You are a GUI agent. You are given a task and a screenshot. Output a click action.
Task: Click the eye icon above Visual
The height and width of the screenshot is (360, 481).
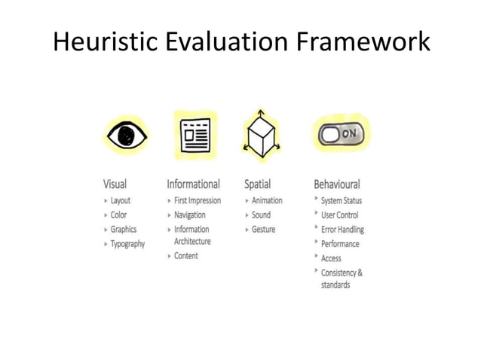[x=125, y=136]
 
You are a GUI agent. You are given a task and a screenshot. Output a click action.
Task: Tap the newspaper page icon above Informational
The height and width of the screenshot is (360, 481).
[x=195, y=136]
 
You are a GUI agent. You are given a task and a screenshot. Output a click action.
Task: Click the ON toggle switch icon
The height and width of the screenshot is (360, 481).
[x=342, y=134]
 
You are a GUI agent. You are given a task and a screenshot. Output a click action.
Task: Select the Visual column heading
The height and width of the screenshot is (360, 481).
[x=115, y=184]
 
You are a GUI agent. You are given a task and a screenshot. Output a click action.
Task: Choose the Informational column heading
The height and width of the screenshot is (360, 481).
[x=193, y=184]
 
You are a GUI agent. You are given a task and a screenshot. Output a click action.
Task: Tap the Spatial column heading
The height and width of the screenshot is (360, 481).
[x=257, y=184]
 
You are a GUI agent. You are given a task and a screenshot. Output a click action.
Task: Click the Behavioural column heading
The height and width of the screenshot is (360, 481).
[x=337, y=184]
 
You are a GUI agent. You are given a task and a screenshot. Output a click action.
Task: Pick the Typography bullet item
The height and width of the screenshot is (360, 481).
[x=127, y=244]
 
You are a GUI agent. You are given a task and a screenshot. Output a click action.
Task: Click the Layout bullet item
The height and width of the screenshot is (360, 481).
[x=121, y=201]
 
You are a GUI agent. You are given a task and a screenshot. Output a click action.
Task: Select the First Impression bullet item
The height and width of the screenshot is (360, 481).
[x=198, y=201]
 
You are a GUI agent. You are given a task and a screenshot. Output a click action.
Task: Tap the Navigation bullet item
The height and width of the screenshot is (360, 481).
[x=190, y=215]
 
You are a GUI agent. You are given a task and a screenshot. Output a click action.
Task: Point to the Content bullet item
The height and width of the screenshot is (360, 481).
[x=186, y=256]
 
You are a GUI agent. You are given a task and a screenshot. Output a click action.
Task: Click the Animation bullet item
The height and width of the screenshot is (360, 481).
[x=267, y=201]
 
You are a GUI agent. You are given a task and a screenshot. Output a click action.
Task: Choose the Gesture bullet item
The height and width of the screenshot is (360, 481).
[x=263, y=230]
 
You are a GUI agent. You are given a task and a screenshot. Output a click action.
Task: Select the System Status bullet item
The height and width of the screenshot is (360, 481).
[x=342, y=201]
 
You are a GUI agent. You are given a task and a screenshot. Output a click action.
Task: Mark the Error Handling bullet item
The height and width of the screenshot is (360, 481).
[x=342, y=230]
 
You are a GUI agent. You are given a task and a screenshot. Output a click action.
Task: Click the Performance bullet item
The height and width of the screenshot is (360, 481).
[x=340, y=244]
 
